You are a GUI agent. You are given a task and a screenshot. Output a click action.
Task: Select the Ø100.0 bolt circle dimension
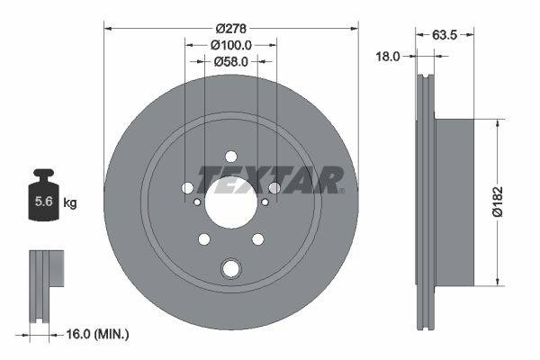229,43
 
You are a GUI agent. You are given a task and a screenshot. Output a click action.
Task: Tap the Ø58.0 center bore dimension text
229,61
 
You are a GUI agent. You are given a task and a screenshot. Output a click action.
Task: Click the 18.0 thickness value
387,56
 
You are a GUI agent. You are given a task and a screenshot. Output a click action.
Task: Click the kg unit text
70,203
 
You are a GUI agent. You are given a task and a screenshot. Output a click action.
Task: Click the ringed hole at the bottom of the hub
230,267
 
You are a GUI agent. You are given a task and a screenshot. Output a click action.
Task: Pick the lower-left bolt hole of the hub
203,238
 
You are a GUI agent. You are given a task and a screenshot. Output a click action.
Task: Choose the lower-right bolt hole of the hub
258,238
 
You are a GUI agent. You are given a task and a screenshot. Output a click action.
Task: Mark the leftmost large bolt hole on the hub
186,187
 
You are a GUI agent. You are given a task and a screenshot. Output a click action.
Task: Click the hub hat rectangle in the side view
463,203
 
